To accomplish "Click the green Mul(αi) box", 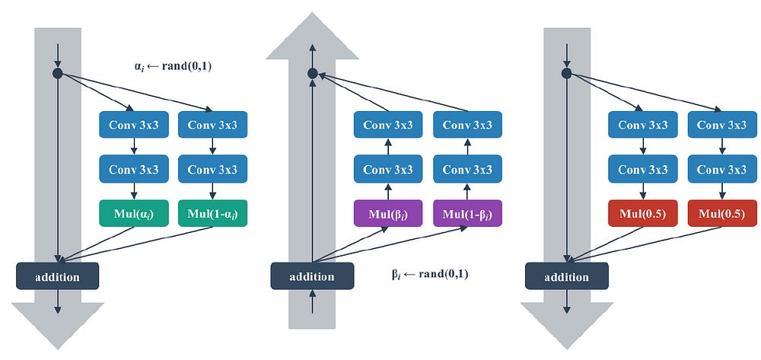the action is coord(133,213).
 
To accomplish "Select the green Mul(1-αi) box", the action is coord(212,213).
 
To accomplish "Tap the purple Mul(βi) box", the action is coord(388,213).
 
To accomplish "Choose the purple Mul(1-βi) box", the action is coord(467,213).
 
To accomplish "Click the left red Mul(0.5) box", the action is coord(642,213).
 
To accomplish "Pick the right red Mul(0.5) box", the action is coord(722,213).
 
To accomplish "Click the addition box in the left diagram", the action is coord(57,276).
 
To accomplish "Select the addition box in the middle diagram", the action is coord(312,276).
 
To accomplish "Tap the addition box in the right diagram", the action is coord(566,276).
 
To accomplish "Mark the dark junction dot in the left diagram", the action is coord(58,73).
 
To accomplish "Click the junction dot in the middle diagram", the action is coord(313,73).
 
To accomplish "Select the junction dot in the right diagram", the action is coord(566,73).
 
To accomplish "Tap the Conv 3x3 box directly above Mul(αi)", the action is coord(133,169).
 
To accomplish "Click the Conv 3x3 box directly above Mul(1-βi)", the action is coord(467,169).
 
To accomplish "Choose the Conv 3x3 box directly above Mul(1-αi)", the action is coord(212,169).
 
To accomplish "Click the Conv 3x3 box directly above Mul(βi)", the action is coord(388,169).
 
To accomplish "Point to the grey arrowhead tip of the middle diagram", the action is coord(312,13).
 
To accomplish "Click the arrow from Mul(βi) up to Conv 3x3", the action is coord(388,191).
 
